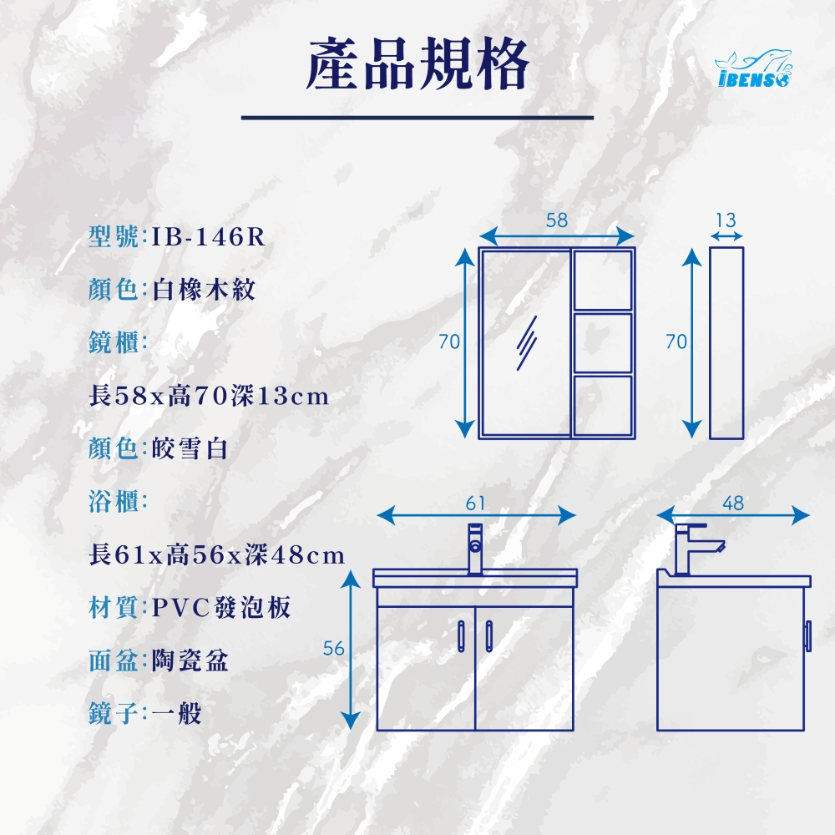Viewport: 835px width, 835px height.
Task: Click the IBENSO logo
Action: (x=753, y=68)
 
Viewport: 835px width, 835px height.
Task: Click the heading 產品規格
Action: (x=417, y=64)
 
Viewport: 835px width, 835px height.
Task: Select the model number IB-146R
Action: (x=208, y=237)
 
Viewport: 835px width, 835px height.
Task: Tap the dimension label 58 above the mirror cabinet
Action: (x=557, y=220)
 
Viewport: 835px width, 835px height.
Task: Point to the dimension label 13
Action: (x=726, y=220)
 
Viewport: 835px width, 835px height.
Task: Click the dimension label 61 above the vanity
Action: (x=475, y=504)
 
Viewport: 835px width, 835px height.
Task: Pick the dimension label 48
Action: (x=733, y=504)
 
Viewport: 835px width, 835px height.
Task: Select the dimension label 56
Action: (x=334, y=648)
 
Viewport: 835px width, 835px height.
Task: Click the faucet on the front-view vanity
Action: (x=475, y=549)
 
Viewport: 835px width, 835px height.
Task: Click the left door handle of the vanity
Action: (x=461, y=635)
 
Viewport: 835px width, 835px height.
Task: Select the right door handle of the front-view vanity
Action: (x=488, y=635)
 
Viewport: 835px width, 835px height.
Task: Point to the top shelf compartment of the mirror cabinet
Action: (x=603, y=280)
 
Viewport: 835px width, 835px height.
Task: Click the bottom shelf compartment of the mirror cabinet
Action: (x=603, y=406)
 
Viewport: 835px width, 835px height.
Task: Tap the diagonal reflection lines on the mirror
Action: (x=527, y=343)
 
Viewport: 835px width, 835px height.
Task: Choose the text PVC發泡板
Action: (x=221, y=608)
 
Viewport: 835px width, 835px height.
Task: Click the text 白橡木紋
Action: (x=204, y=290)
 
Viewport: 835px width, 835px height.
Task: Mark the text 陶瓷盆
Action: (x=190, y=660)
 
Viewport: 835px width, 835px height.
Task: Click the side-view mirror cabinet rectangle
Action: (x=726, y=343)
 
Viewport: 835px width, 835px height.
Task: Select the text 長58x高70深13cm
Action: (x=209, y=396)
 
